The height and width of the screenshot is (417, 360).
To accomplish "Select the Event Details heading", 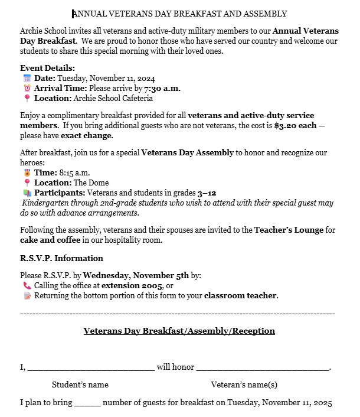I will click(47, 68).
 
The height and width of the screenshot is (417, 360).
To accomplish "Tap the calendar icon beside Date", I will click(27, 79).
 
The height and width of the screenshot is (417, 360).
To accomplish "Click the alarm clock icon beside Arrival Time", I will click(27, 89).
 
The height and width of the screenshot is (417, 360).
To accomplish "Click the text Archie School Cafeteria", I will click(113, 99).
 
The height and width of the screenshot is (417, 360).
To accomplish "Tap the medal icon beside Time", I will click(27, 172).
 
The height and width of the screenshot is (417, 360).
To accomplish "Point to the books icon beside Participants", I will click(27, 193).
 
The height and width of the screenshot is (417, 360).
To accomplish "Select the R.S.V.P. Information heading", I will click(61, 258).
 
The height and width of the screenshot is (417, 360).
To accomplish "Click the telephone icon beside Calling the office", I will click(27, 285).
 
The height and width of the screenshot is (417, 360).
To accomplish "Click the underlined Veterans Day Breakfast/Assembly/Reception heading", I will click(179, 331).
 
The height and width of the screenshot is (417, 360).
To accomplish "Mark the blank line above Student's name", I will click(91, 369).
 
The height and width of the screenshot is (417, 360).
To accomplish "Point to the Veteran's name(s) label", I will click(244, 385).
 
